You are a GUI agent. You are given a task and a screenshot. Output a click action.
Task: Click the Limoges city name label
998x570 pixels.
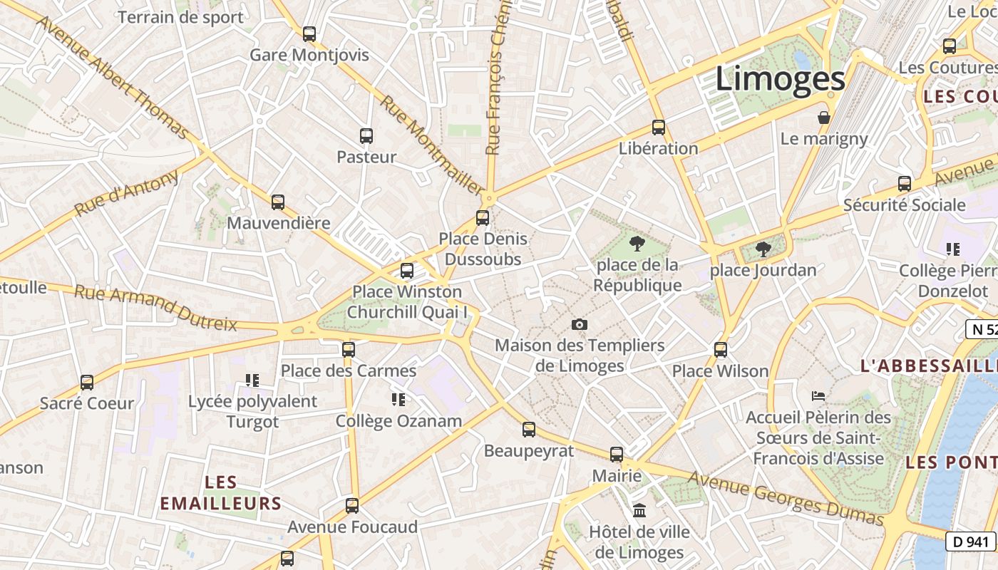(780, 78)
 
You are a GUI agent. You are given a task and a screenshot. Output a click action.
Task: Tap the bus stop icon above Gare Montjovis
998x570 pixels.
(309, 33)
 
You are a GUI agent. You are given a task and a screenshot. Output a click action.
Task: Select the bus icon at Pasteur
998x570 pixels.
(366, 135)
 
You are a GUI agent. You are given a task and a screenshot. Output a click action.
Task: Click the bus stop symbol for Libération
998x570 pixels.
(658, 128)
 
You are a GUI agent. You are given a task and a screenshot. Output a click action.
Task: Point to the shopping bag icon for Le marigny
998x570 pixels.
(824, 118)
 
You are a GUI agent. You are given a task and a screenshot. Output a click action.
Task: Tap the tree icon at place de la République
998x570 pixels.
(637, 244)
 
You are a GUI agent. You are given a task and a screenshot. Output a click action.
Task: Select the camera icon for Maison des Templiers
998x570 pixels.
(580, 325)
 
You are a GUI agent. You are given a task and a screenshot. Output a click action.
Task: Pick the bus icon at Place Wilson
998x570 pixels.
(720, 349)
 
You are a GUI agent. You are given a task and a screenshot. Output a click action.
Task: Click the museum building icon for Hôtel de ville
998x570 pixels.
(639, 511)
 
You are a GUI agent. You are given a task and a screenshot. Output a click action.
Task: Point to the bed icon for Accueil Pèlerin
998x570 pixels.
(818, 395)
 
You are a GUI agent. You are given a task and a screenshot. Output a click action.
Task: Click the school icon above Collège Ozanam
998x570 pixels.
(398, 400)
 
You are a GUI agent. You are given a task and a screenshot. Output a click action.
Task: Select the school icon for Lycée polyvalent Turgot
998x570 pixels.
(252, 380)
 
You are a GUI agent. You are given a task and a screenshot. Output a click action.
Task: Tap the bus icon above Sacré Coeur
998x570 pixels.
(86, 383)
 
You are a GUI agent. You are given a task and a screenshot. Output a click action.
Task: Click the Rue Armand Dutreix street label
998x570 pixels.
(155, 308)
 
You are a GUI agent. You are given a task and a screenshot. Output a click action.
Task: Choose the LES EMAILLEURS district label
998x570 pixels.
(220, 493)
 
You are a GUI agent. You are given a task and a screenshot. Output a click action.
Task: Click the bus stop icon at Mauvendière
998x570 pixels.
(277, 202)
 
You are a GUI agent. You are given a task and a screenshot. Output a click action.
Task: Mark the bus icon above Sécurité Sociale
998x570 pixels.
(904, 183)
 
